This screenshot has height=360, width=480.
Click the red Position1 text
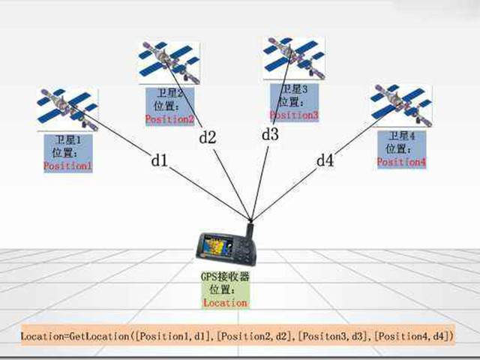(67, 165)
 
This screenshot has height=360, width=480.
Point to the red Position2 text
(169, 119)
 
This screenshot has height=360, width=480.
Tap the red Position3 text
(295, 115)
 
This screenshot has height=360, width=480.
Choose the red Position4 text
(401, 162)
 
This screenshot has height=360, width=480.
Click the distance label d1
(158, 160)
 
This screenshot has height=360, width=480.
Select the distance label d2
(207, 137)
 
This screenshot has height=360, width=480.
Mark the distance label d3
(270, 135)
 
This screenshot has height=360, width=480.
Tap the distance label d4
(324, 160)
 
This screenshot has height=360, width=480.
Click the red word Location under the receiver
(225, 303)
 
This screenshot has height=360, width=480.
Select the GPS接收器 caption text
(224, 277)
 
